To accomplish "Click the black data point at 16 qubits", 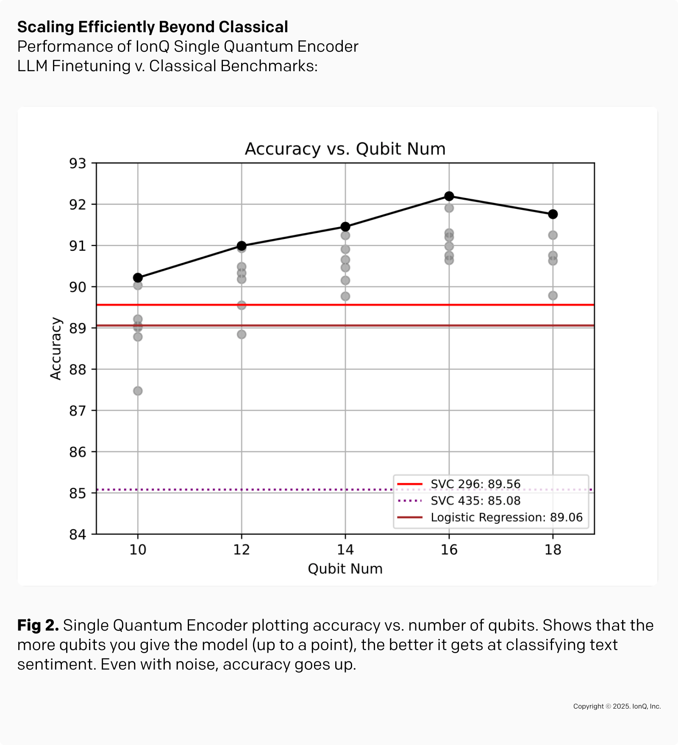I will (x=449, y=196).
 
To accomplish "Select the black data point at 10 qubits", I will (x=138, y=278).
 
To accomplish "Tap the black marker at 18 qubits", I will (x=553, y=214).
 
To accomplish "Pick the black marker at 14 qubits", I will (x=345, y=227).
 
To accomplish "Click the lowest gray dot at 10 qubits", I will (x=138, y=391).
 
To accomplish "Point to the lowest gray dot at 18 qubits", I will (x=553, y=295).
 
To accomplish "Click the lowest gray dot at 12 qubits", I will (x=242, y=334).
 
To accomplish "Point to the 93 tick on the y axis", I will (x=78, y=164).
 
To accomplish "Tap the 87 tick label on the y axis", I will (x=78, y=411).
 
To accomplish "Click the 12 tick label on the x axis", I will (x=242, y=550).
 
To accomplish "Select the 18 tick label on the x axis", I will (x=553, y=550).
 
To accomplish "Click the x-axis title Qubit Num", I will (x=345, y=569).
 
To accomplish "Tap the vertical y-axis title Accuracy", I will (x=56, y=349).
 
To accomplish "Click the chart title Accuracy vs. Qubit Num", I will (x=345, y=149).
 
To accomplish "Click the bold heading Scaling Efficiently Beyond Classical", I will (x=153, y=27).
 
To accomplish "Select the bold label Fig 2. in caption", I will (x=38, y=625).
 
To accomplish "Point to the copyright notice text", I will (x=617, y=706).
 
